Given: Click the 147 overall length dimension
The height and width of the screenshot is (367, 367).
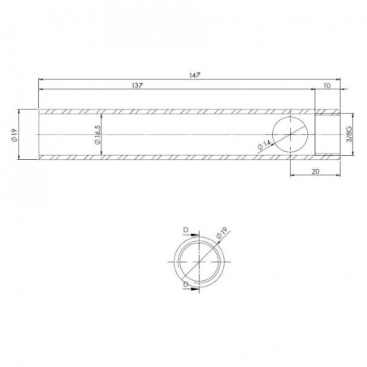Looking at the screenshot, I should click(x=192, y=74).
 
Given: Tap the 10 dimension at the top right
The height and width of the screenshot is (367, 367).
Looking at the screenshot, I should click(x=326, y=84).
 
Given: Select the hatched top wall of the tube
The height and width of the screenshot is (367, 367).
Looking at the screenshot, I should click(x=162, y=110).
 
